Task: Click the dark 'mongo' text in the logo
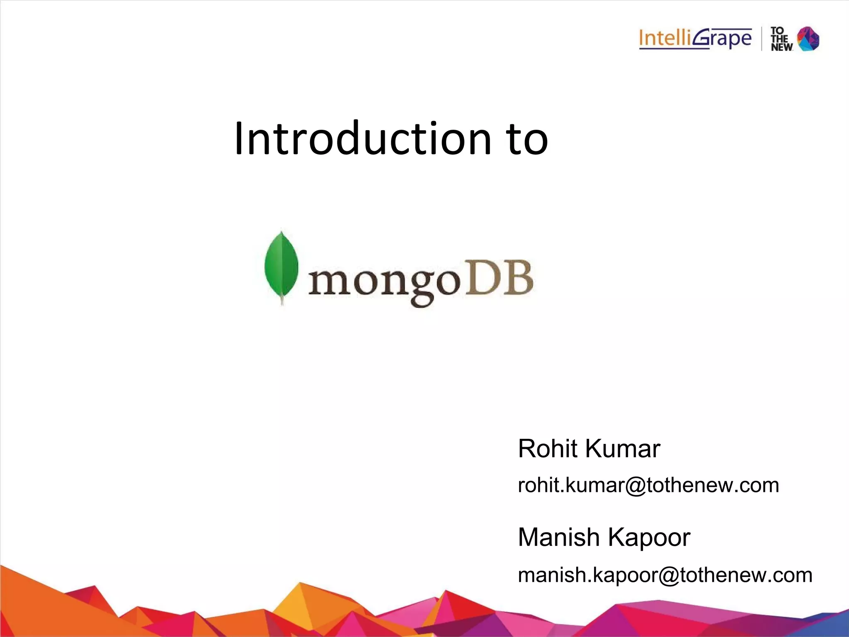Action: click(x=383, y=282)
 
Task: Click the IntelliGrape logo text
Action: click(x=695, y=39)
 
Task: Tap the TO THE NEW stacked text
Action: click(x=781, y=39)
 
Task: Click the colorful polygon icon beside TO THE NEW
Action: click(x=808, y=39)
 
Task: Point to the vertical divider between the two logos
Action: click(x=762, y=39)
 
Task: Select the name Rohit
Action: click(x=548, y=449)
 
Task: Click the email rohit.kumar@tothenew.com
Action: click(x=648, y=485)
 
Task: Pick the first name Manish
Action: click(x=558, y=538)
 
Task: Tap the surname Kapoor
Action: click(x=649, y=538)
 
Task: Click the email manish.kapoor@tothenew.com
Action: click(x=665, y=575)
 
